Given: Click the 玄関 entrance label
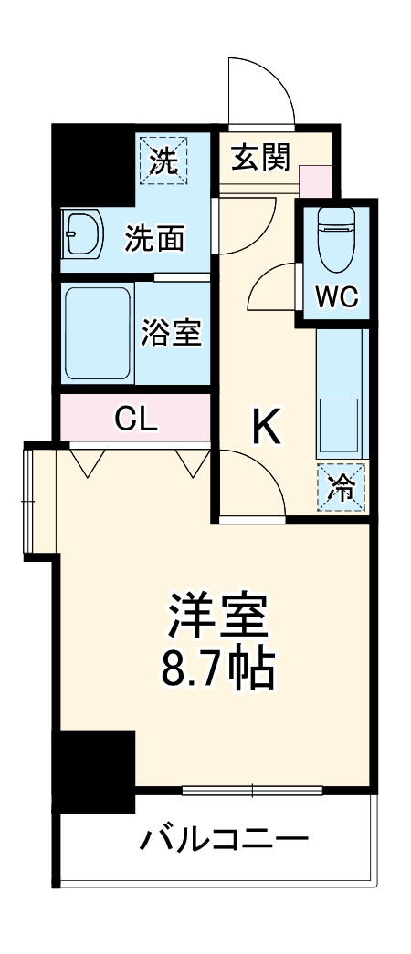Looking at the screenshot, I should pyautogui.click(x=260, y=158).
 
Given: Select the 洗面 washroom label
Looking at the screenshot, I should pyautogui.click(x=155, y=239).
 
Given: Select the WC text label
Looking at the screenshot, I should pyautogui.click(x=336, y=296).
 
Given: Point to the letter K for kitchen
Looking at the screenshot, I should pyautogui.click(x=267, y=425).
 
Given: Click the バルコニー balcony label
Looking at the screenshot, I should pyautogui.click(x=223, y=838).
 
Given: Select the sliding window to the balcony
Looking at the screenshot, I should pyautogui.click(x=252, y=788).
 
